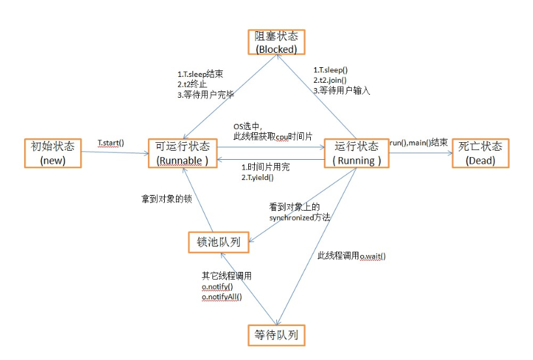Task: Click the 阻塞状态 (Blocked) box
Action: [x=276, y=41]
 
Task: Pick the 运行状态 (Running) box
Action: [x=355, y=153]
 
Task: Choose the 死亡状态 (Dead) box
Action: [x=481, y=153]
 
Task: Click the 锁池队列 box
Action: [x=218, y=243]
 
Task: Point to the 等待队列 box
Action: [x=277, y=335]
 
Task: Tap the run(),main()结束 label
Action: [x=418, y=143]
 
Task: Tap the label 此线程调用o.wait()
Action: [x=351, y=256]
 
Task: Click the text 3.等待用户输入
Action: [x=341, y=91]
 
